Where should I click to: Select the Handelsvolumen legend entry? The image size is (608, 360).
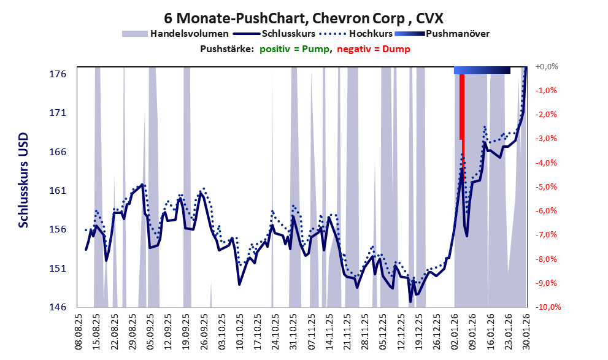click(x=189, y=33)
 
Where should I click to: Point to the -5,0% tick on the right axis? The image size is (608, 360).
click(x=546, y=186)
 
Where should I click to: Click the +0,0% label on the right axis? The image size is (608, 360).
click(x=546, y=66)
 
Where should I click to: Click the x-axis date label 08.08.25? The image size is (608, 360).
click(x=78, y=332)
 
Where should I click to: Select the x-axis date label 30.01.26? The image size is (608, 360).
click(x=526, y=332)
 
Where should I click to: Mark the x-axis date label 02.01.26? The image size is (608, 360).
click(x=455, y=332)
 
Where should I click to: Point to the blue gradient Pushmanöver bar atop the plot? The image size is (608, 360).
click(x=482, y=71)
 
